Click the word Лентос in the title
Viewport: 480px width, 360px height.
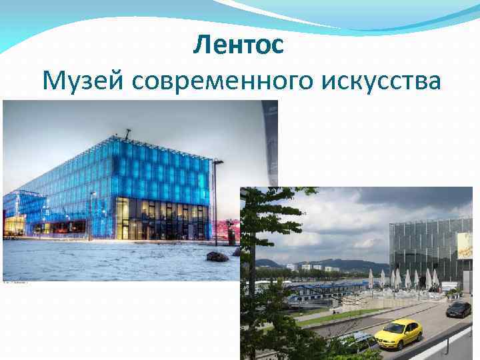point(239,45)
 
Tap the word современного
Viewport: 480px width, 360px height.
point(227,82)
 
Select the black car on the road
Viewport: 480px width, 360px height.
point(458,309)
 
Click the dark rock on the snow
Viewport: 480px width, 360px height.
point(217,257)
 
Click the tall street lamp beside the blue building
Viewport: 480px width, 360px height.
point(216,200)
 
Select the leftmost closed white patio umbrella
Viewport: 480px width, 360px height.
point(371,278)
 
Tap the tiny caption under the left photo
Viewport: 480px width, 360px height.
point(17,283)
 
